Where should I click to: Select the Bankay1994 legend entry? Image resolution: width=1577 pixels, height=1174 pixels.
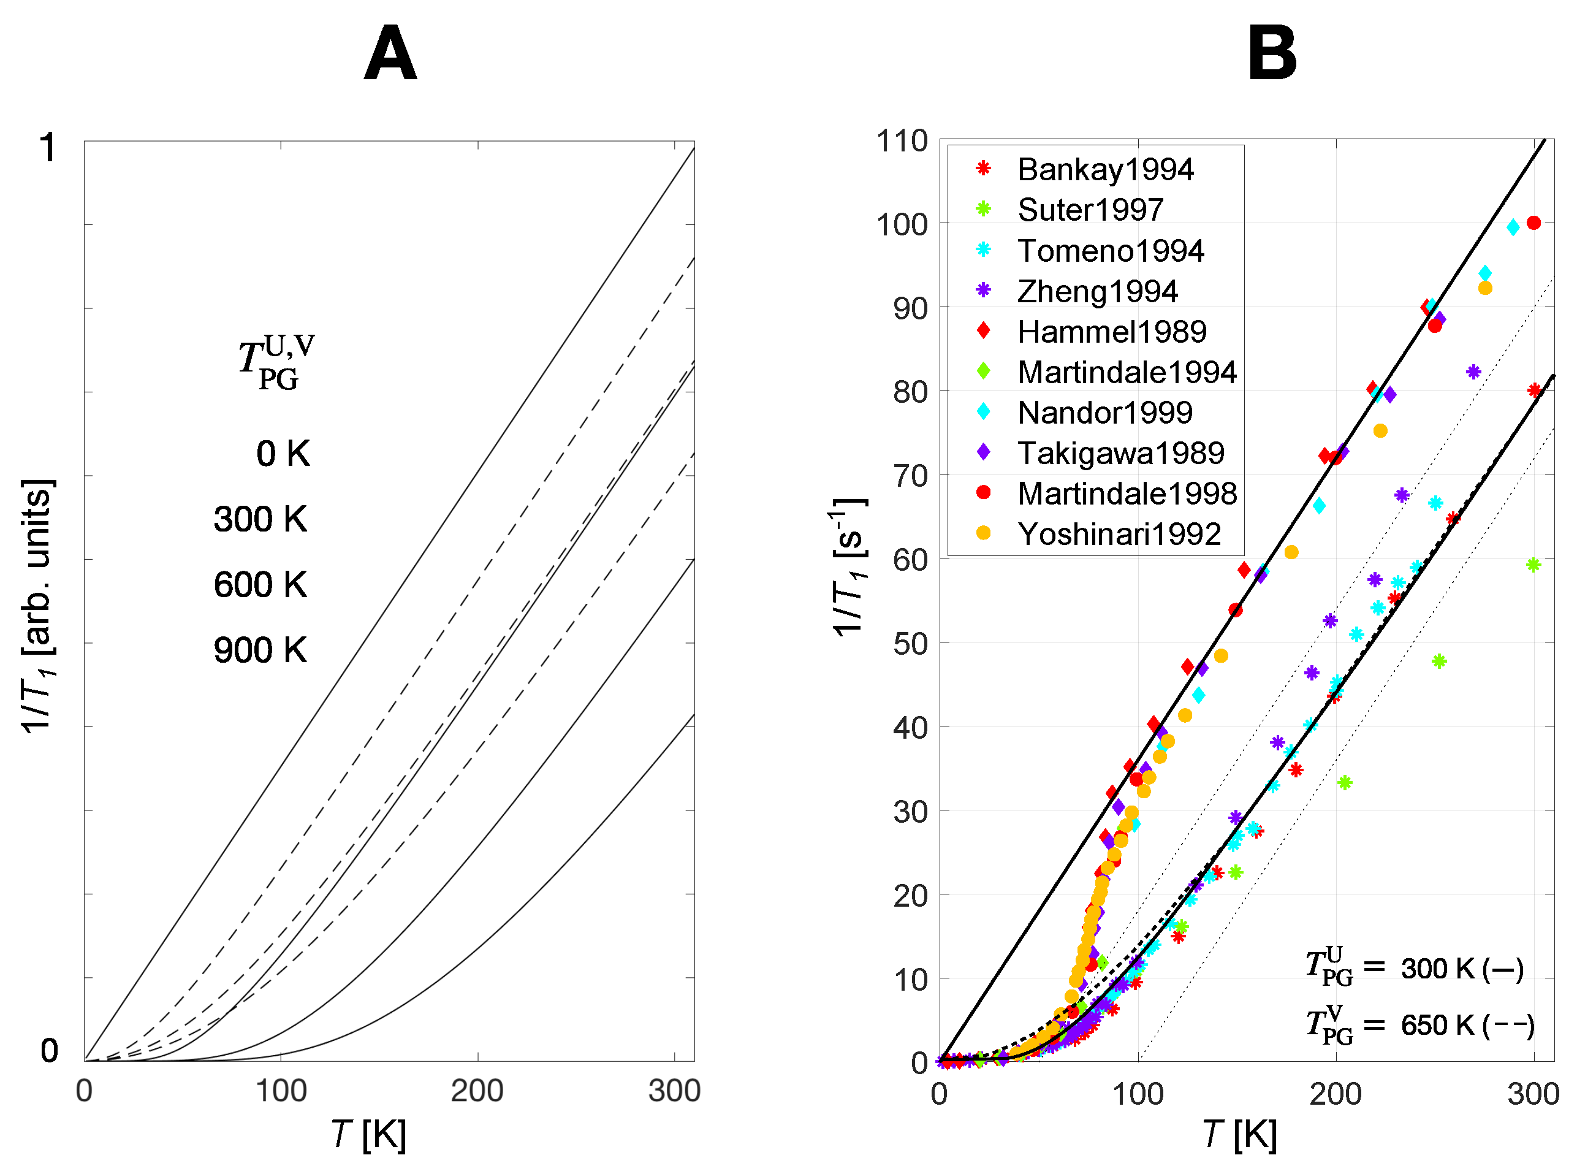(x=1104, y=169)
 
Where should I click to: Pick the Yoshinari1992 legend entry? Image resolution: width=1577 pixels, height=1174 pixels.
(x=1118, y=534)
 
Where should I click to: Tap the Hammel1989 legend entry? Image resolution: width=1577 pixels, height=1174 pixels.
(x=1111, y=331)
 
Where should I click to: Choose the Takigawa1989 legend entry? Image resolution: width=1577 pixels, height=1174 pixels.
(x=1120, y=452)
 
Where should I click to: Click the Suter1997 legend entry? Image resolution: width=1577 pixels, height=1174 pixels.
(x=1090, y=210)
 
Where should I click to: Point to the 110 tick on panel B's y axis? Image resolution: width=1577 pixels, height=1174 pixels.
(x=902, y=141)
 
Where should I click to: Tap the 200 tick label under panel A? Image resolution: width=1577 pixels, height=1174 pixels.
(x=477, y=1090)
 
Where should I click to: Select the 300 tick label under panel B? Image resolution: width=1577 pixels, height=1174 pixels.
(x=1533, y=1094)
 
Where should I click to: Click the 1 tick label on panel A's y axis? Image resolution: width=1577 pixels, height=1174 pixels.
(x=48, y=148)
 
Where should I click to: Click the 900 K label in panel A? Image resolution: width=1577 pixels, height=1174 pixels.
(x=260, y=650)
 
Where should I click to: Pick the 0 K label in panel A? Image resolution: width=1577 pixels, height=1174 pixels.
(x=283, y=454)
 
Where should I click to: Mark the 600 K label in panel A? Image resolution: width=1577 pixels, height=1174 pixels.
(x=260, y=584)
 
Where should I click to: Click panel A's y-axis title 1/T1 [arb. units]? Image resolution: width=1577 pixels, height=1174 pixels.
(x=37, y=606)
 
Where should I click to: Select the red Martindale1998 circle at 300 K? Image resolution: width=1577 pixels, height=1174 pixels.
(x=1533, y=223)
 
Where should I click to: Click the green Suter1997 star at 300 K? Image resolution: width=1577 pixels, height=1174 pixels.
(x=1532, y=565)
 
